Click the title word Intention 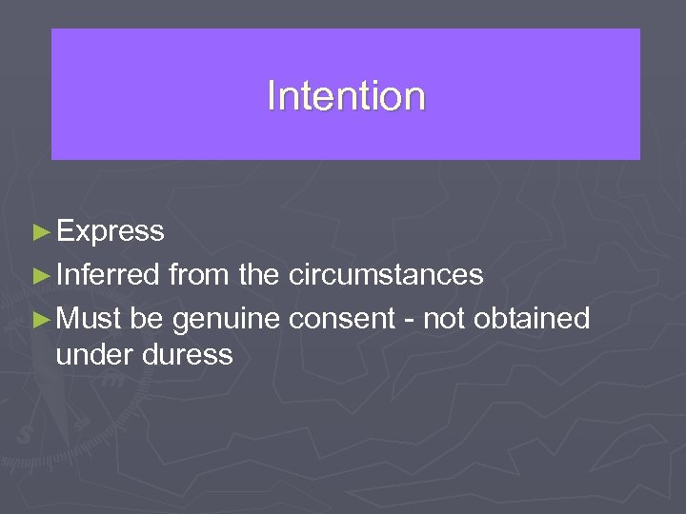click(346, 96)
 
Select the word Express click(110, 231)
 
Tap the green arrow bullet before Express click(40, 231)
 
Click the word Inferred click(108, 275)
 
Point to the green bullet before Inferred click(40, 276)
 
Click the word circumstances click(385, 275)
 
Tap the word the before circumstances click(259, 275)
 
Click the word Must click(89, 319)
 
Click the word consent click(341, 319)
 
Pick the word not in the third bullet click(443, 319)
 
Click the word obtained click(532, 319)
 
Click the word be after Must click(147, 319)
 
